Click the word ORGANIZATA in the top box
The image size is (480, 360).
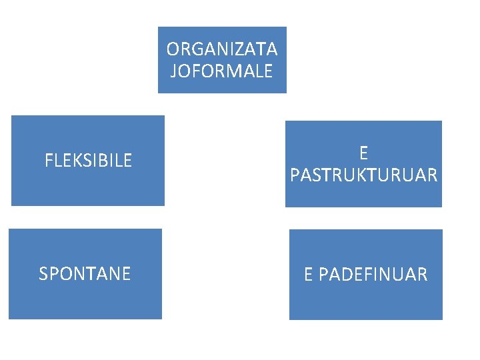(222, 49)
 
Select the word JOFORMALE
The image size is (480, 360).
(222, 71)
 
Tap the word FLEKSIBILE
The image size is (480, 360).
(88, 161)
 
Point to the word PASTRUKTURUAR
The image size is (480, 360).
(364, 175)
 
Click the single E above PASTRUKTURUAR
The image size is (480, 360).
(363, 153)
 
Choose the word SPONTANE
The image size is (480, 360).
(85, 274)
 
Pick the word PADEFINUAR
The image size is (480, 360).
(373, 275)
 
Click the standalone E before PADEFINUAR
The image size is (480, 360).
(309, 275)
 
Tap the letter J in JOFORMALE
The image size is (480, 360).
(174, 71)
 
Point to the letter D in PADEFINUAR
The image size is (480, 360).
(348, 275)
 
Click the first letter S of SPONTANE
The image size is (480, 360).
(44, 274)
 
